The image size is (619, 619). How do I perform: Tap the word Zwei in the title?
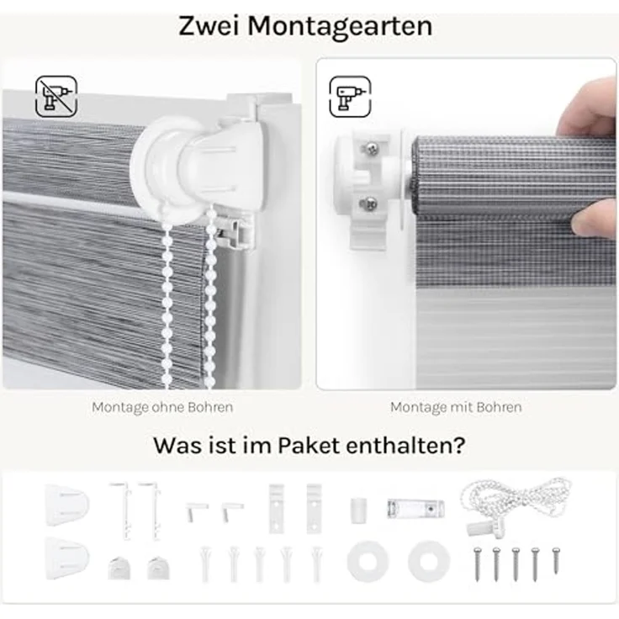click(210, 25)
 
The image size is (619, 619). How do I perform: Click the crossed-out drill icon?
click(56, 96)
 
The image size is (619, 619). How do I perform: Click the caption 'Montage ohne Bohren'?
click(162, 407)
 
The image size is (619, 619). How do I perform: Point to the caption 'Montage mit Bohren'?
click(456, 407)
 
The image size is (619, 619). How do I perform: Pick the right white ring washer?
click(428, 561)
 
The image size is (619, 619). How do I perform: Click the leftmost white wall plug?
click(206, 563)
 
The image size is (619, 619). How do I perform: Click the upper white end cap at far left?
click(67, 504)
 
